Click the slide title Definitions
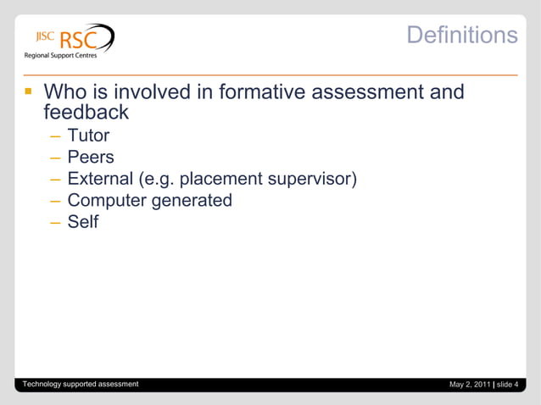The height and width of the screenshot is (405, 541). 461,35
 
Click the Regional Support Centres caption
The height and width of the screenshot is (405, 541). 59,56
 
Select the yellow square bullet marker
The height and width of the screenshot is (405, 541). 27,91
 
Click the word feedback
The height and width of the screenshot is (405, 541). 86,112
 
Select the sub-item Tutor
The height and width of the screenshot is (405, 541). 88,135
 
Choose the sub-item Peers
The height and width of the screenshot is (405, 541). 91,157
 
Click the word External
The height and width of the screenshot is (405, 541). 100,179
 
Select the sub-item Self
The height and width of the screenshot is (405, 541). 83,223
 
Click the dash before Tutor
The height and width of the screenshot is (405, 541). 55,136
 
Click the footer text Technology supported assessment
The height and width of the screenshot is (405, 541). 81,384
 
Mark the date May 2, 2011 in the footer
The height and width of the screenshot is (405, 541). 469,385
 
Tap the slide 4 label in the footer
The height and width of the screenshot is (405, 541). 508,385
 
